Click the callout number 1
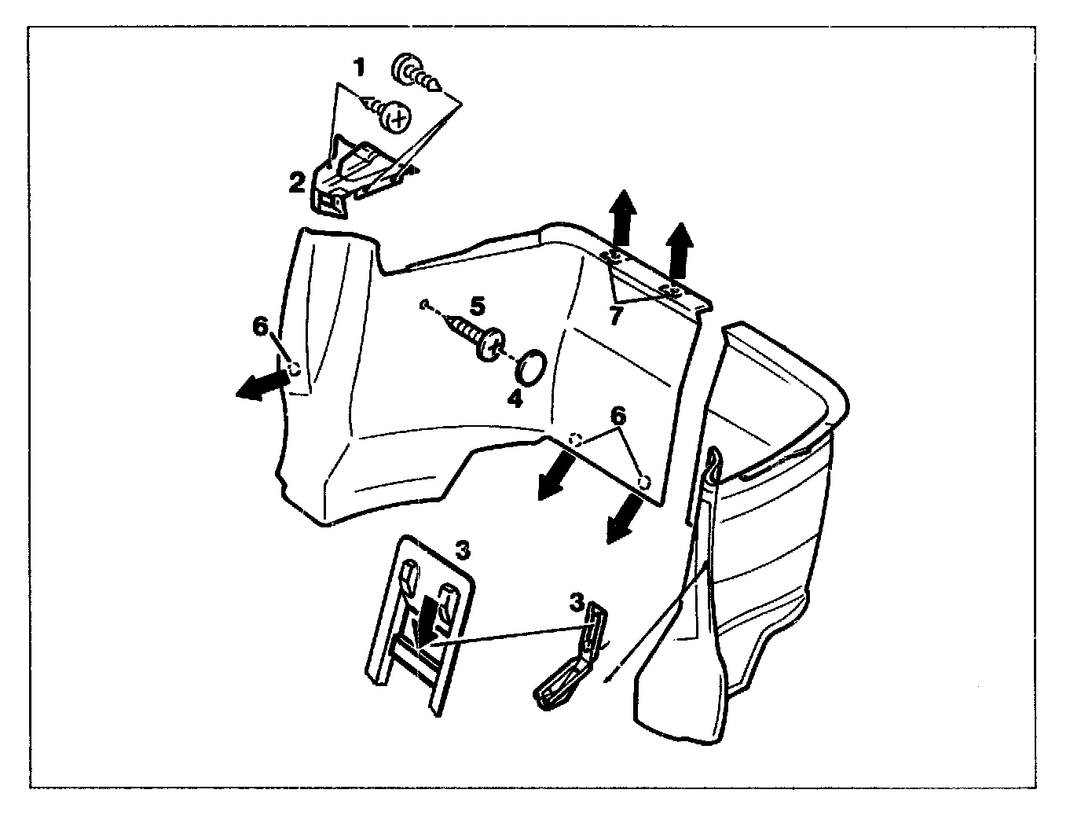[x=358, y=68]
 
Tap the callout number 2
[x=297, y=183]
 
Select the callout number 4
[x=515, y=398]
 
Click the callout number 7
[x=616, y=317]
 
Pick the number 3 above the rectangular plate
[x=463, y=550]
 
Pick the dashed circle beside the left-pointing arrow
[x=295, y=368]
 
